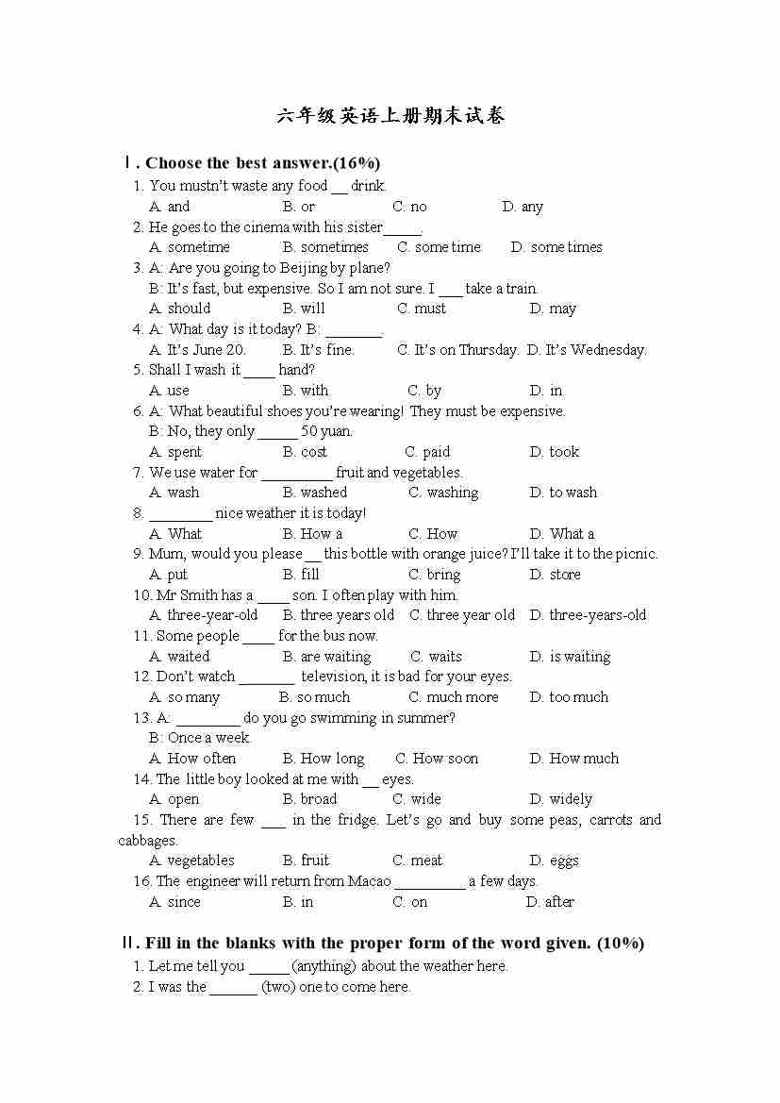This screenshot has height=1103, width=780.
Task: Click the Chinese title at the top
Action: coord(390,116)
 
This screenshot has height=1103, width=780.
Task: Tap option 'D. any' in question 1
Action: coord(523,207)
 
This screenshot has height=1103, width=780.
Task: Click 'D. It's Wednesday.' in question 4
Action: coord(587,350)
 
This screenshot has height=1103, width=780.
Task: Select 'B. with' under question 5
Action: coord(306,391)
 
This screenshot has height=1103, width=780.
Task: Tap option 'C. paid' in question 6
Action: coord(427,452)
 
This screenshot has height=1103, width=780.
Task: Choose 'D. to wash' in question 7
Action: coord(563,493)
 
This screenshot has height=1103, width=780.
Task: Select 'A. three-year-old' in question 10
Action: coord(204,615)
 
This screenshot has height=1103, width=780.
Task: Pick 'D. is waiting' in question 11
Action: coord(570,657)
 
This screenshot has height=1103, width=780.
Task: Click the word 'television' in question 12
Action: coord(333,677)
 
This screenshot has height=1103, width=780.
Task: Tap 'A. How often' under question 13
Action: coord(193,759)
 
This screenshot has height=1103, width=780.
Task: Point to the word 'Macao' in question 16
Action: coord(370,881)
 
